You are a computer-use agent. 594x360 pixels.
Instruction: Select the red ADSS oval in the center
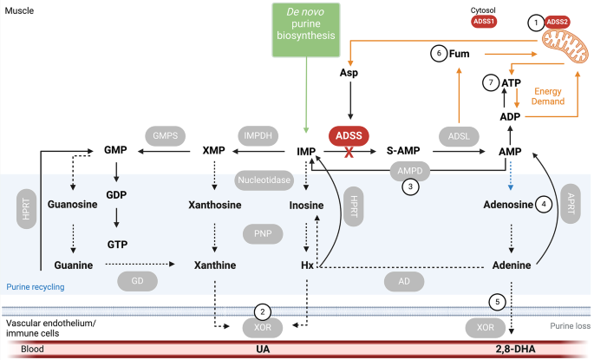[x=349, y=134]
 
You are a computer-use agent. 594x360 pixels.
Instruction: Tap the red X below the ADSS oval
[x=349, y=151]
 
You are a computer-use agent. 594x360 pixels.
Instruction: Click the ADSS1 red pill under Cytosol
[x=484, y=21]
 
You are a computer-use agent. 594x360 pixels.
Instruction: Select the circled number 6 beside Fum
[x=440, y=54]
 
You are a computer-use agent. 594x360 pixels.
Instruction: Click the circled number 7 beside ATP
[x=492, y=82]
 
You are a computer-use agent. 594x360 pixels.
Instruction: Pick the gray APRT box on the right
[x=570, y=204]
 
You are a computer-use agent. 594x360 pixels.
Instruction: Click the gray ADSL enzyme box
[x=459, y=136]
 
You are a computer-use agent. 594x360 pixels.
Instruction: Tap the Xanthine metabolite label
[x=212, y=265]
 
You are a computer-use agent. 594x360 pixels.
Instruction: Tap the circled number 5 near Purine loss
[x=496, y=301]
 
